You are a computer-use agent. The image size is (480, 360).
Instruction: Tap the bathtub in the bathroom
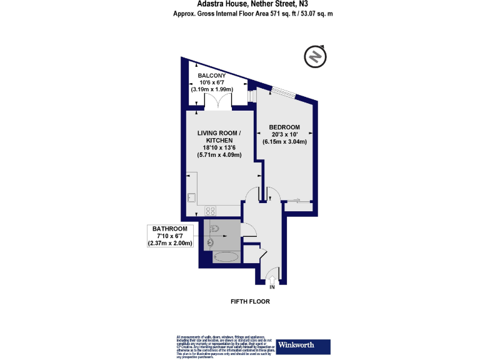tap(226, 256)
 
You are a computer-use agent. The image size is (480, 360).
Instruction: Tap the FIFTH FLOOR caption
tap(250, 301)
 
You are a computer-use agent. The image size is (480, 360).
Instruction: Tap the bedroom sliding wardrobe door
tap(299, 201)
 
